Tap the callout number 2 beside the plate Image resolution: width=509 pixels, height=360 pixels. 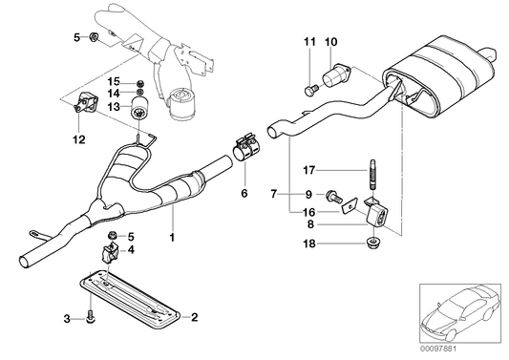pos(194,316)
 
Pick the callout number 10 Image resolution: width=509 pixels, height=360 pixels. pos(331,41)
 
